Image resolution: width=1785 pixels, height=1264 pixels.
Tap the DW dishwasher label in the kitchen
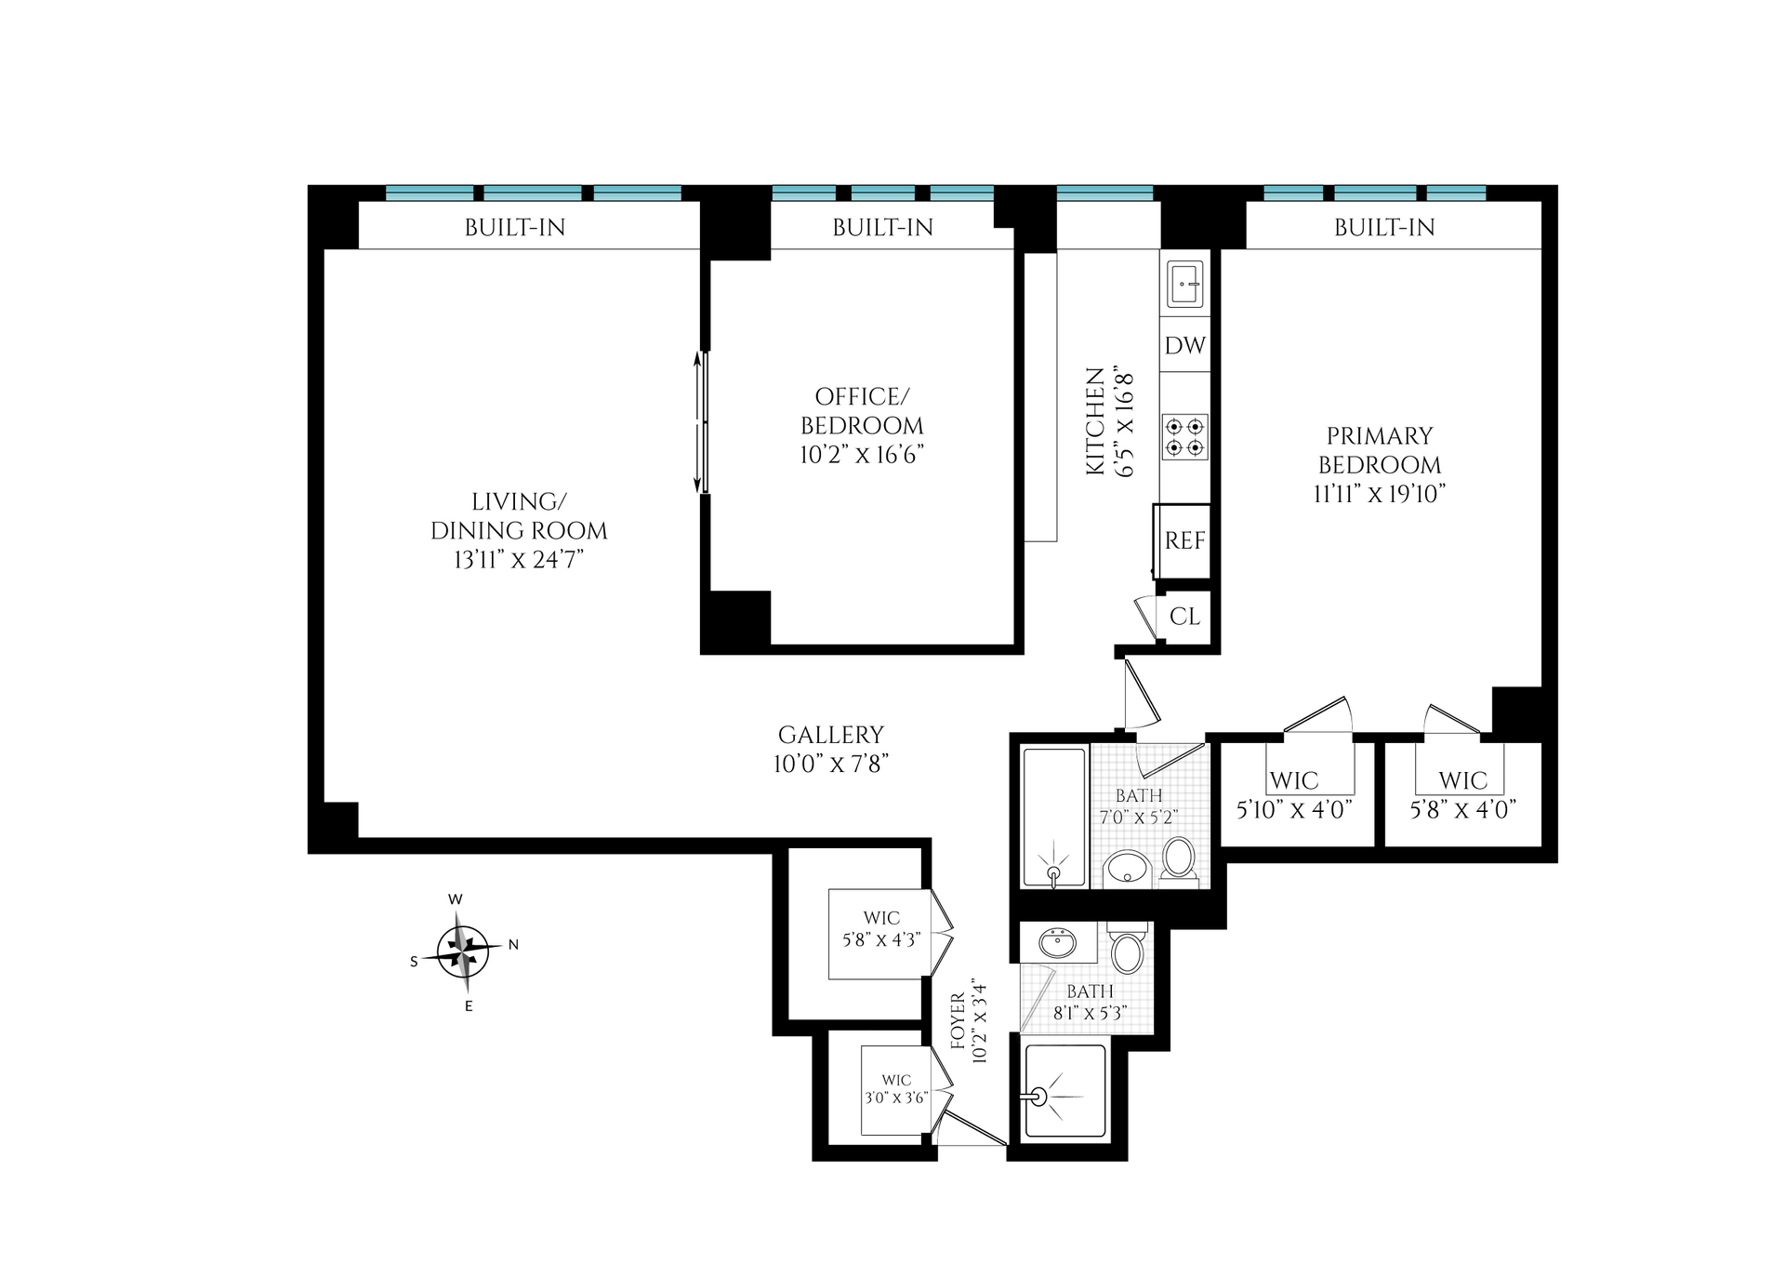pos(1185,345)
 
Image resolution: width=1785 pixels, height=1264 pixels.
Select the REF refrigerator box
pos(1183,540)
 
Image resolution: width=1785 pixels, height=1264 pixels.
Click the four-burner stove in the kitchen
pos(1185,437)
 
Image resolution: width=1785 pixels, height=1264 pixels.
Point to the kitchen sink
pos(1185,285)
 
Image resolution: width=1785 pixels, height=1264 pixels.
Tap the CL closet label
pos(1184,616)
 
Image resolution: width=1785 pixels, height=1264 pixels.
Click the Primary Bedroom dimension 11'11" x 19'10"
pos(1379,494)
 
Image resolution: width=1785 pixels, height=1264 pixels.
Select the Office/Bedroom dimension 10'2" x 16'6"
pos(862,455)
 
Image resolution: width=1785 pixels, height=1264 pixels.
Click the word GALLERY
pos(831,735)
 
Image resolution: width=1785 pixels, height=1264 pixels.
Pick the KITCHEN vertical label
pos(1096,421)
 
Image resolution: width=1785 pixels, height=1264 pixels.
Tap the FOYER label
pos(959,1022)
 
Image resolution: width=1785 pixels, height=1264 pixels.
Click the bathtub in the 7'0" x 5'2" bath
pos(1054,817)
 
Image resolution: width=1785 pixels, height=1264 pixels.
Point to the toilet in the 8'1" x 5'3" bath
pos(1128,949)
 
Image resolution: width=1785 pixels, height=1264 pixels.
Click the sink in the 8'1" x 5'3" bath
pos(1056,945)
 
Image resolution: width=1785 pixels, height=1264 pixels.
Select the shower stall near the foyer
pos(1065,1091)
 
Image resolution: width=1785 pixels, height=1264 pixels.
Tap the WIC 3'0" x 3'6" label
pos(896,1088)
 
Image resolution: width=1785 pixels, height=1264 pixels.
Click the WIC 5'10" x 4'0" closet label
pos(1294,795)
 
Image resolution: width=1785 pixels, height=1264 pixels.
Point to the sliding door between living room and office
pos(703,421)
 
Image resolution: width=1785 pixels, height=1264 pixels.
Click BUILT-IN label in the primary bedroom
pos(1384,227)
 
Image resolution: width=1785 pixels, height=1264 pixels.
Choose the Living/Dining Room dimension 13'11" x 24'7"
pos(519,560)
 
